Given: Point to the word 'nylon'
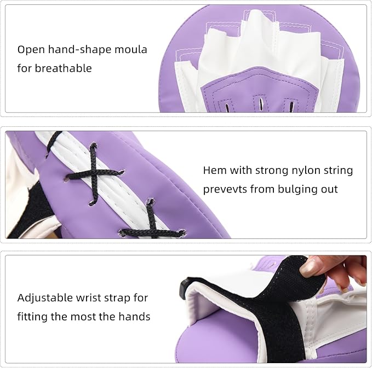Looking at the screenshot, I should (x=297, y=170).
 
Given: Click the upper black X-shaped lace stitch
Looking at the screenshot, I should (x=91, y=172).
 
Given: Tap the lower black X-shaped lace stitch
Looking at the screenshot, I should (x=151, y=225).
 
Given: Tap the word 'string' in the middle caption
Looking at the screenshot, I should (x=336, y=170).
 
